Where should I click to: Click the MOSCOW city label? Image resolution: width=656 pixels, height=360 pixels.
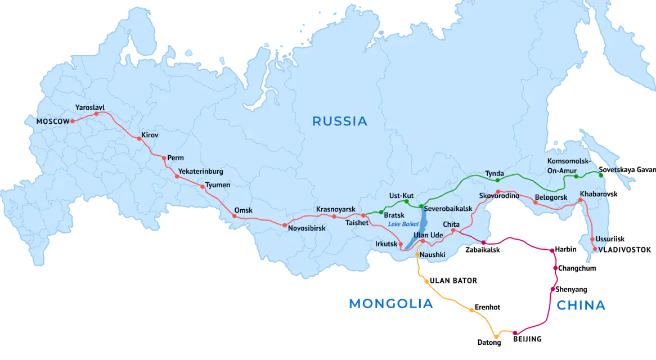click(52, 121)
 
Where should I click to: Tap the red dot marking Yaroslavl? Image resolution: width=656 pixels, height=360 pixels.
click(96, 114)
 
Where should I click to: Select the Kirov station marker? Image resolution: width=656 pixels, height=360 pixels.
click(139, 138)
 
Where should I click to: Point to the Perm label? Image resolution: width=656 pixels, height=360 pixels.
click(176, 158)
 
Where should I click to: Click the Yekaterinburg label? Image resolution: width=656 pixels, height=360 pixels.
click(200, 171)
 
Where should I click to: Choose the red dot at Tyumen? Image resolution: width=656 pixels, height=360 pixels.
click(202, 186)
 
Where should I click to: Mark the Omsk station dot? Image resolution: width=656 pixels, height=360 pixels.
click(235, 216)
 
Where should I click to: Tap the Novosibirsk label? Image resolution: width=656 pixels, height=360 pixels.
click(307, 228)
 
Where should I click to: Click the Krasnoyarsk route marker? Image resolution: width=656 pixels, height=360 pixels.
click(334, 217)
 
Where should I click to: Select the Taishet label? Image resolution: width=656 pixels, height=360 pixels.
click(356, 223)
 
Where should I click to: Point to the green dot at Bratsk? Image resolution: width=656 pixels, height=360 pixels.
click(381, 211)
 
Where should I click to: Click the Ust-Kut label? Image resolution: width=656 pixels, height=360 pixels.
click(401, 196)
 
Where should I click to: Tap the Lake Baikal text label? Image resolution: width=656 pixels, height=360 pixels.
click(401, 224)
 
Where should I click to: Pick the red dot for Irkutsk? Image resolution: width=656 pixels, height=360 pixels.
click(401, 244)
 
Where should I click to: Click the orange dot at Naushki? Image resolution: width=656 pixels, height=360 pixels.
click(417, 254)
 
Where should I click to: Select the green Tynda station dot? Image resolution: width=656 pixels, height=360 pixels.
click(497, 181)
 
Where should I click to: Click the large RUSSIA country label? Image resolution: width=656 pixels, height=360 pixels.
click(339, 121)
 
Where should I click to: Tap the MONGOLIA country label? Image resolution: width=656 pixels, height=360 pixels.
click(391, 304)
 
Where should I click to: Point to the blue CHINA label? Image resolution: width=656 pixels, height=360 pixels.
click(582, 305)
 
